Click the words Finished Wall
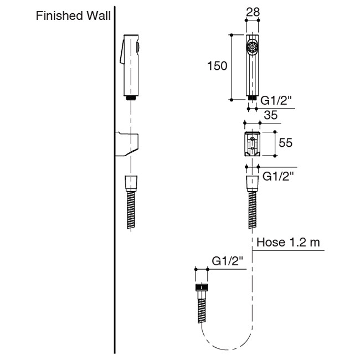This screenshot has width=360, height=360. coord(72,16)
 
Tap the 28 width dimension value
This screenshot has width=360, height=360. coord(253,11)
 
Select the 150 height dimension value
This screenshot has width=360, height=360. coord(217,66)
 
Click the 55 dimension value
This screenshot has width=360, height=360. coord(285,143)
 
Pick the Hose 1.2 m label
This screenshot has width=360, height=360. coord(289,242)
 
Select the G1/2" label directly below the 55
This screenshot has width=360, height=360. coord(277,176)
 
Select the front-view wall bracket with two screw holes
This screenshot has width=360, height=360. coord(252,143)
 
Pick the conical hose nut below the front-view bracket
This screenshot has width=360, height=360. coord(252,183)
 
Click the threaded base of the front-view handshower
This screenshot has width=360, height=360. coord(252,97)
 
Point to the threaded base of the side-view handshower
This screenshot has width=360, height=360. coord(131,98)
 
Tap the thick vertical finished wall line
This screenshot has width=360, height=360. coord(115,222)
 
